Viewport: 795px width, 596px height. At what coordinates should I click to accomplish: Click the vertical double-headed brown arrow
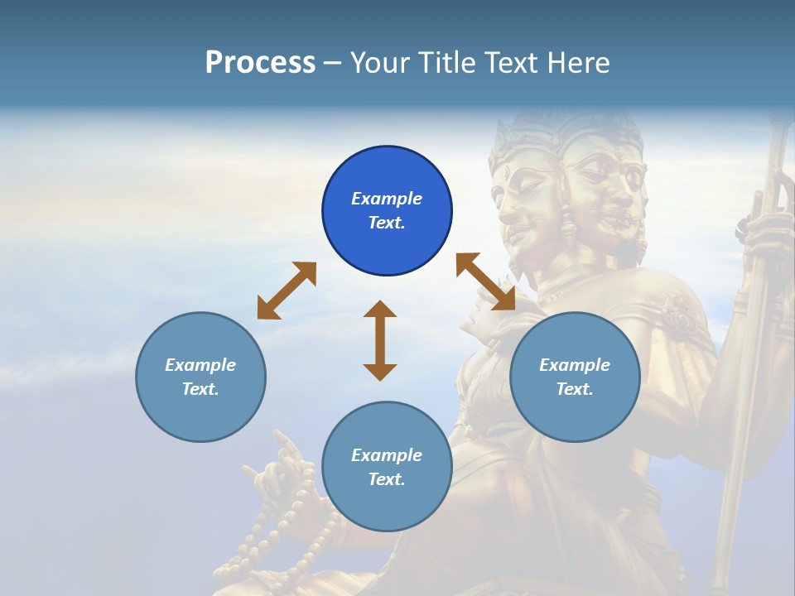coord(380,340)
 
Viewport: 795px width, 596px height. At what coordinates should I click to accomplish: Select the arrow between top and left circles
coord(287,291)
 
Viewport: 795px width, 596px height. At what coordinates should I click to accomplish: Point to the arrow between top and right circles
coord(486,281)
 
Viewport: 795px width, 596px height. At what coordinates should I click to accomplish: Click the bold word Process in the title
coord(260,62)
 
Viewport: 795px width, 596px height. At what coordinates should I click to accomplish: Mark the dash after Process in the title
coord(333,63)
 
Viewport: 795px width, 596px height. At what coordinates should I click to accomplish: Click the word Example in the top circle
coord(387,199)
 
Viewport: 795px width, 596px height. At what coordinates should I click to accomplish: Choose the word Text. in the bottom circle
coord(387,479)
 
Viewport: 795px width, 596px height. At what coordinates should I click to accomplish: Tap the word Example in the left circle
coord(200,365)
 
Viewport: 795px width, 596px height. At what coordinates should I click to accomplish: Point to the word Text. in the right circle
coord(575,389)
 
